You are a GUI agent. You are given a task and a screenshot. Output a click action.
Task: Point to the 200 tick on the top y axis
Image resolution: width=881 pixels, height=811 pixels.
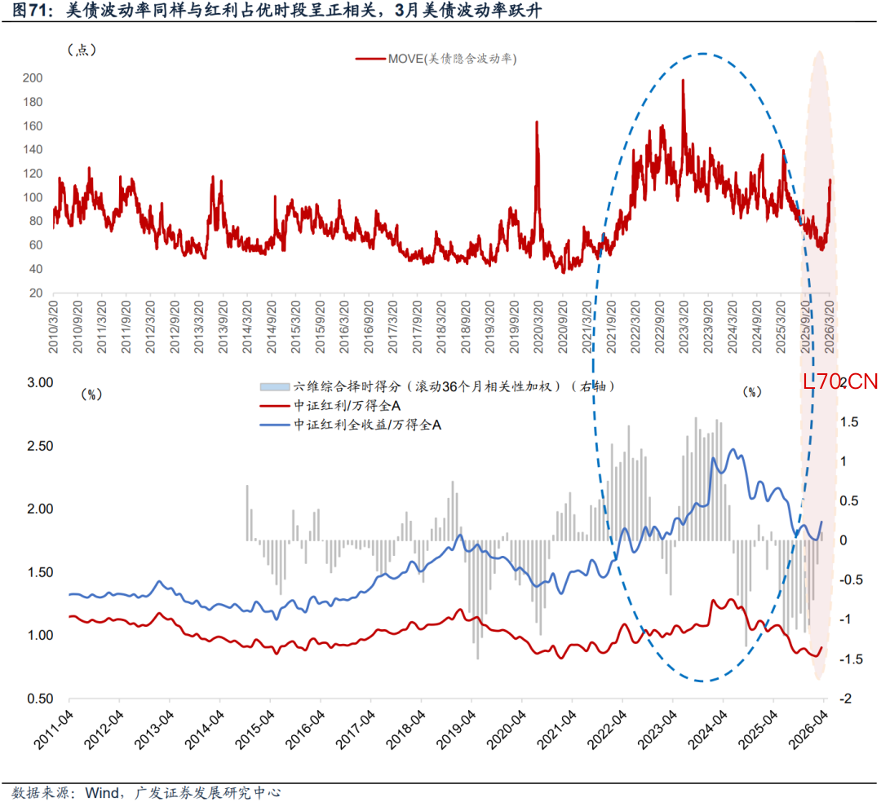(x=33, y=78)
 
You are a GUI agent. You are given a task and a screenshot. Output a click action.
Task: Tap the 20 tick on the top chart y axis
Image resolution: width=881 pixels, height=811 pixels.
(x=37, y=293)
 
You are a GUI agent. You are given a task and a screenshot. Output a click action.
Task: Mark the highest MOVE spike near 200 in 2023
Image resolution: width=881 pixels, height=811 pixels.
(x=683, y=81)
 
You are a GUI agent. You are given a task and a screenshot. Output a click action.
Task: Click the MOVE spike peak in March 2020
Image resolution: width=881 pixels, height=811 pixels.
(x=537, y=122)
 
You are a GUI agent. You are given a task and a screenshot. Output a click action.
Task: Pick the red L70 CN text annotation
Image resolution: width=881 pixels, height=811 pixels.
(x=840, y=381)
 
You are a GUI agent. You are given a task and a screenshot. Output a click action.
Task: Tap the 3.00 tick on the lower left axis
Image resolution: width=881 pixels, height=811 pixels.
(x=35, y=382)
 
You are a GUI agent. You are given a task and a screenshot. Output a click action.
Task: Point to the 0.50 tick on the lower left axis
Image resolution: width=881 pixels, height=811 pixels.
(x=35, y=699)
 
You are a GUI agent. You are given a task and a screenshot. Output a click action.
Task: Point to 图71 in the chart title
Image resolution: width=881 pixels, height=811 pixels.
(x=28, y=11)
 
